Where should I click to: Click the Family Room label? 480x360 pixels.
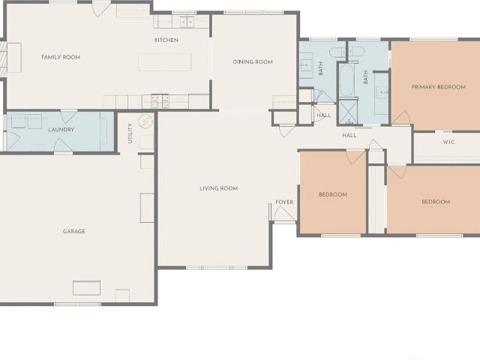click(x=61, y=57)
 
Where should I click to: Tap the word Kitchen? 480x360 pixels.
click(x=166, y=40)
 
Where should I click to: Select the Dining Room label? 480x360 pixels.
click(x=253, y=62)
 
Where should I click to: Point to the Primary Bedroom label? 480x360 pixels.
click(x=438, y=87)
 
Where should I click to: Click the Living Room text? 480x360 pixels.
click(x=218, y=188)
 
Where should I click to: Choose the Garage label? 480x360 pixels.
click(x=74, y=232)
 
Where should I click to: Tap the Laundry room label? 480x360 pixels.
click(x=61, y=130)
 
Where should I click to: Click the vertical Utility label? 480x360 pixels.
click(x=130, y=133)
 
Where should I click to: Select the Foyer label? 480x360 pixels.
click(x=284, y=202)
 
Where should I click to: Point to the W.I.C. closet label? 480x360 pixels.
click(x=449, y=142)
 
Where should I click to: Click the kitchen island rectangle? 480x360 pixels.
click(x=165, y=62)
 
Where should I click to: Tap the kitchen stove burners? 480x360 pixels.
click(x=160, y=101)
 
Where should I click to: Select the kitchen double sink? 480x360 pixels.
click(x=187, y=22)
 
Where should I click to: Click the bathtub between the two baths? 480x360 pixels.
click(x=347, y=80)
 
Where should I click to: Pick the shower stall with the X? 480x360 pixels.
click(x=348, y=112)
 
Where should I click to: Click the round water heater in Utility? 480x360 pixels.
click(x=145, y=121)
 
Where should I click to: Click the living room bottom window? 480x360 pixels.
click(x=217, y=268)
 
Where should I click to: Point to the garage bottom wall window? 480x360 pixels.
click(x=77, y=304)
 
